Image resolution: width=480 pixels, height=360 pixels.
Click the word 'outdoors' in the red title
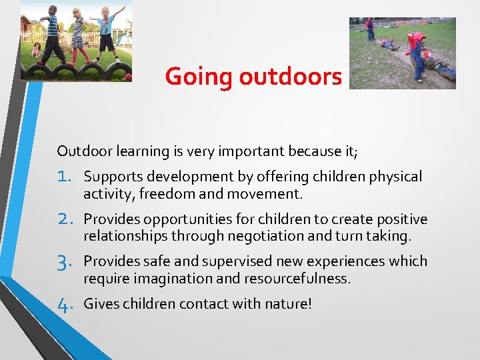[x=290, y=77]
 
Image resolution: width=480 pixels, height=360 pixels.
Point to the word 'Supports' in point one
[x=110, y=177]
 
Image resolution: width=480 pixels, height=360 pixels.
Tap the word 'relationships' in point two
[x=125, y=235]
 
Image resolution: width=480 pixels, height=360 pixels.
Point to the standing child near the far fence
[x=369, y=29]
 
